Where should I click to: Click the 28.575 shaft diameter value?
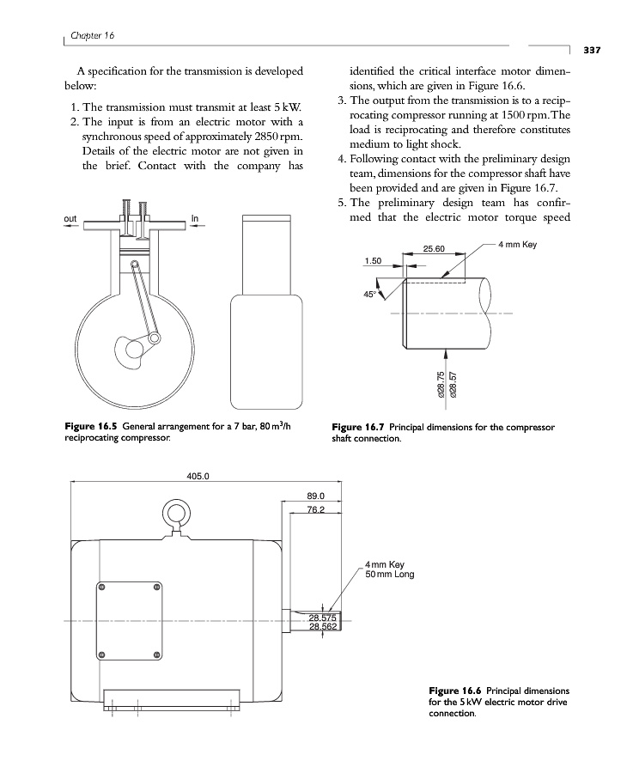coord(324,618)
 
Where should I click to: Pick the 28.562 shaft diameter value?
coord(324,627)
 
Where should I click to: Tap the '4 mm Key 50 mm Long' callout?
coord(390,569)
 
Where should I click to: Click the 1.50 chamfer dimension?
coord(373,260)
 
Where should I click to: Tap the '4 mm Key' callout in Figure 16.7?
coord(517,245)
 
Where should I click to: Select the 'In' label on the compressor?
coord(194,219)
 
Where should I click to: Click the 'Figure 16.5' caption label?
coord(91,426)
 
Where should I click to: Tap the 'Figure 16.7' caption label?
coord(358,427)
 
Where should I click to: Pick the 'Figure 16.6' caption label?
coord(454,691)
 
